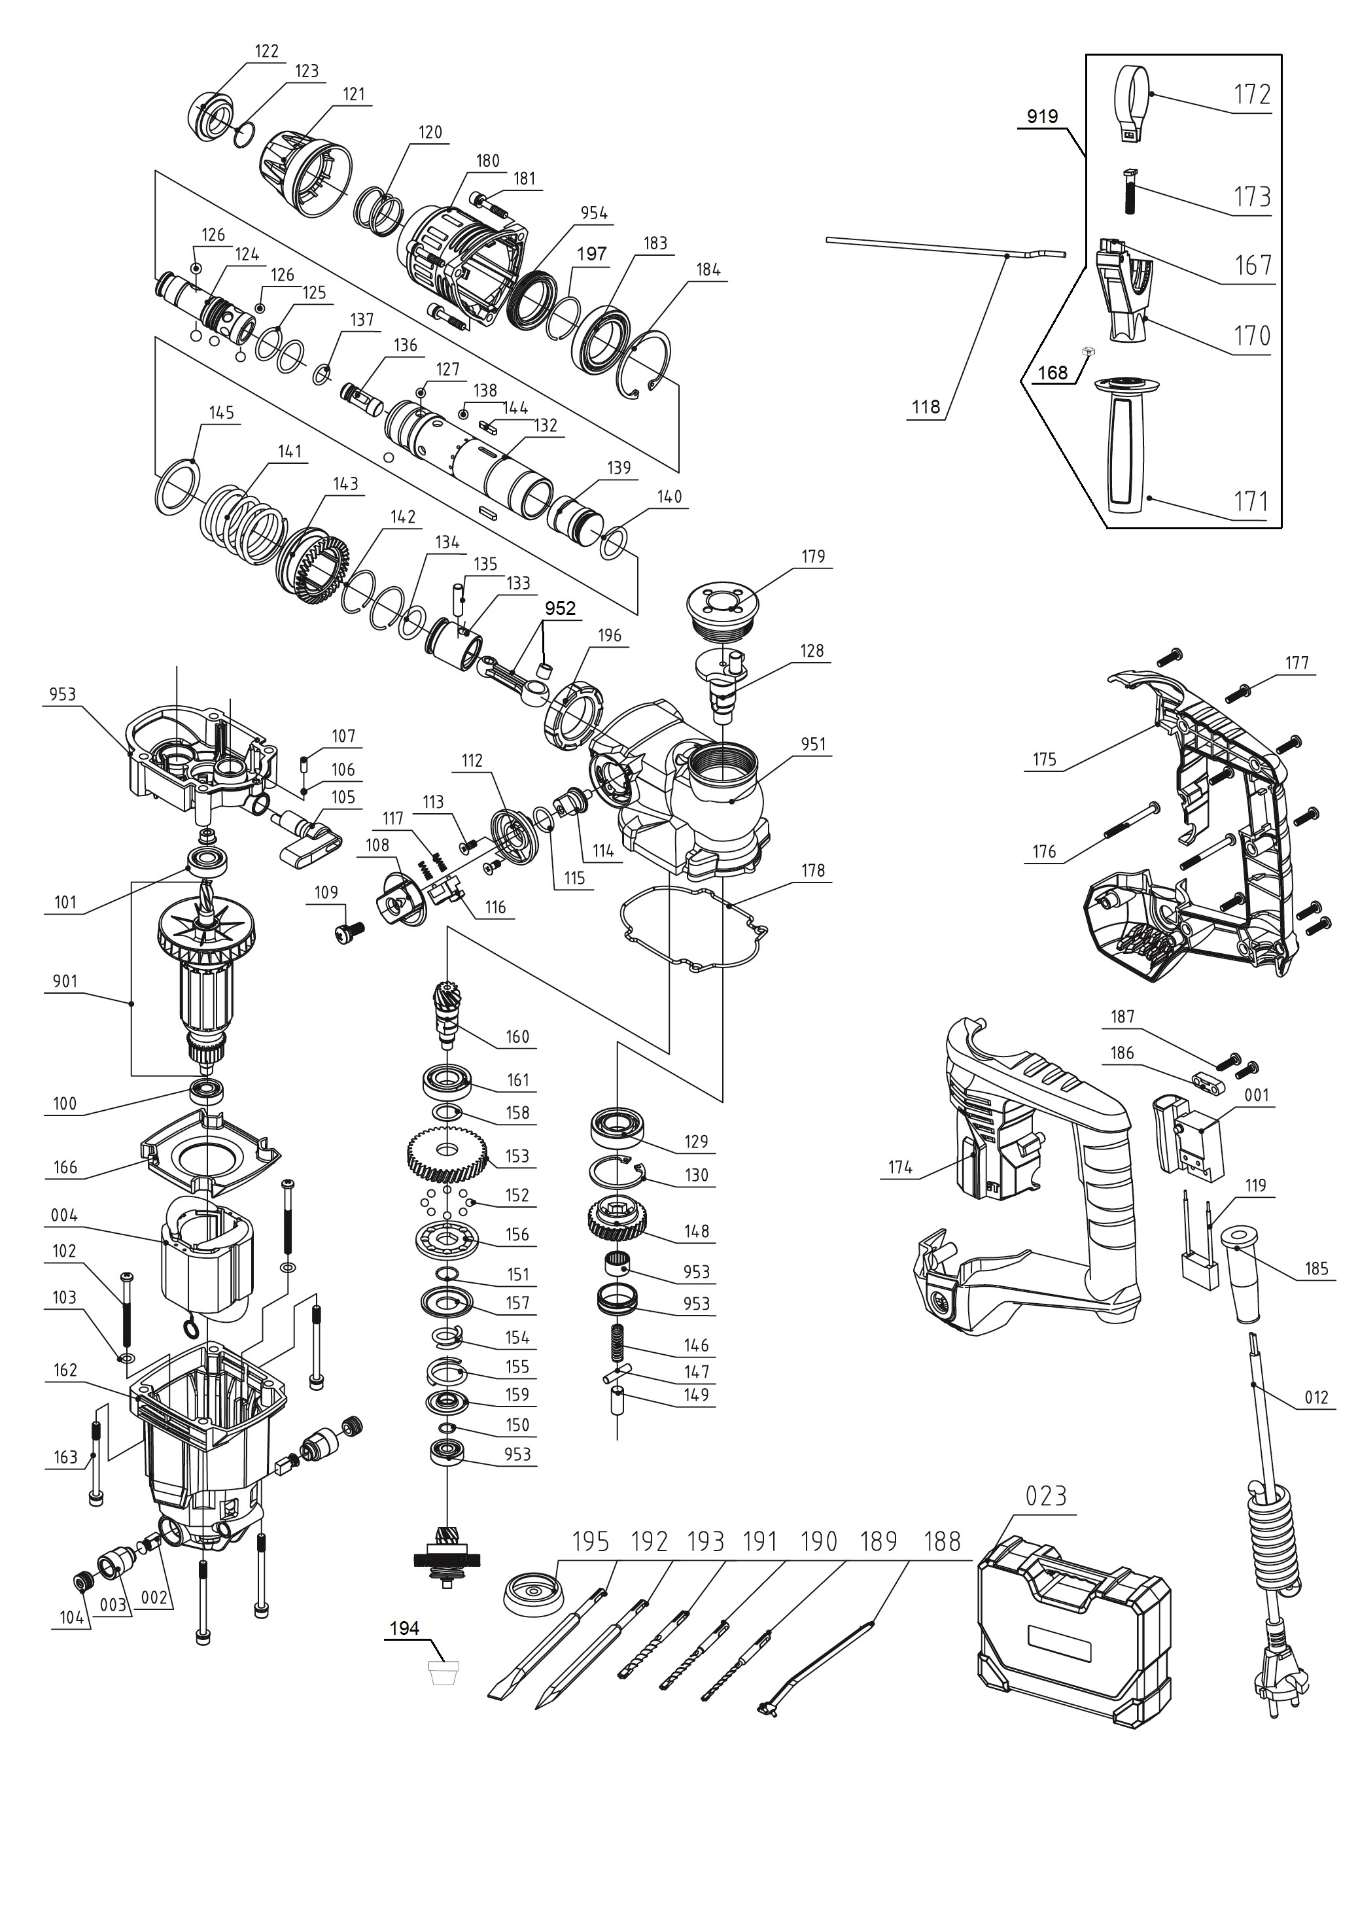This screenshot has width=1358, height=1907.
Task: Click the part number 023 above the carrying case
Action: pos(1046,1495)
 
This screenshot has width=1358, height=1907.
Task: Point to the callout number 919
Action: pos(1042,116)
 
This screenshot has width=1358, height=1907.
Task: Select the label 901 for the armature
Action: pos(65,981)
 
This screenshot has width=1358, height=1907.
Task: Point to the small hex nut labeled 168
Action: pos(1088,352)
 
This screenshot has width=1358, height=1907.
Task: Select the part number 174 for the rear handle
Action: pos(899,1167)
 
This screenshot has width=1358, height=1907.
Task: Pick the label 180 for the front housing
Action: pos(487,160)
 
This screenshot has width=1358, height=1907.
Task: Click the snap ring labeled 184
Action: pos(648,364)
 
